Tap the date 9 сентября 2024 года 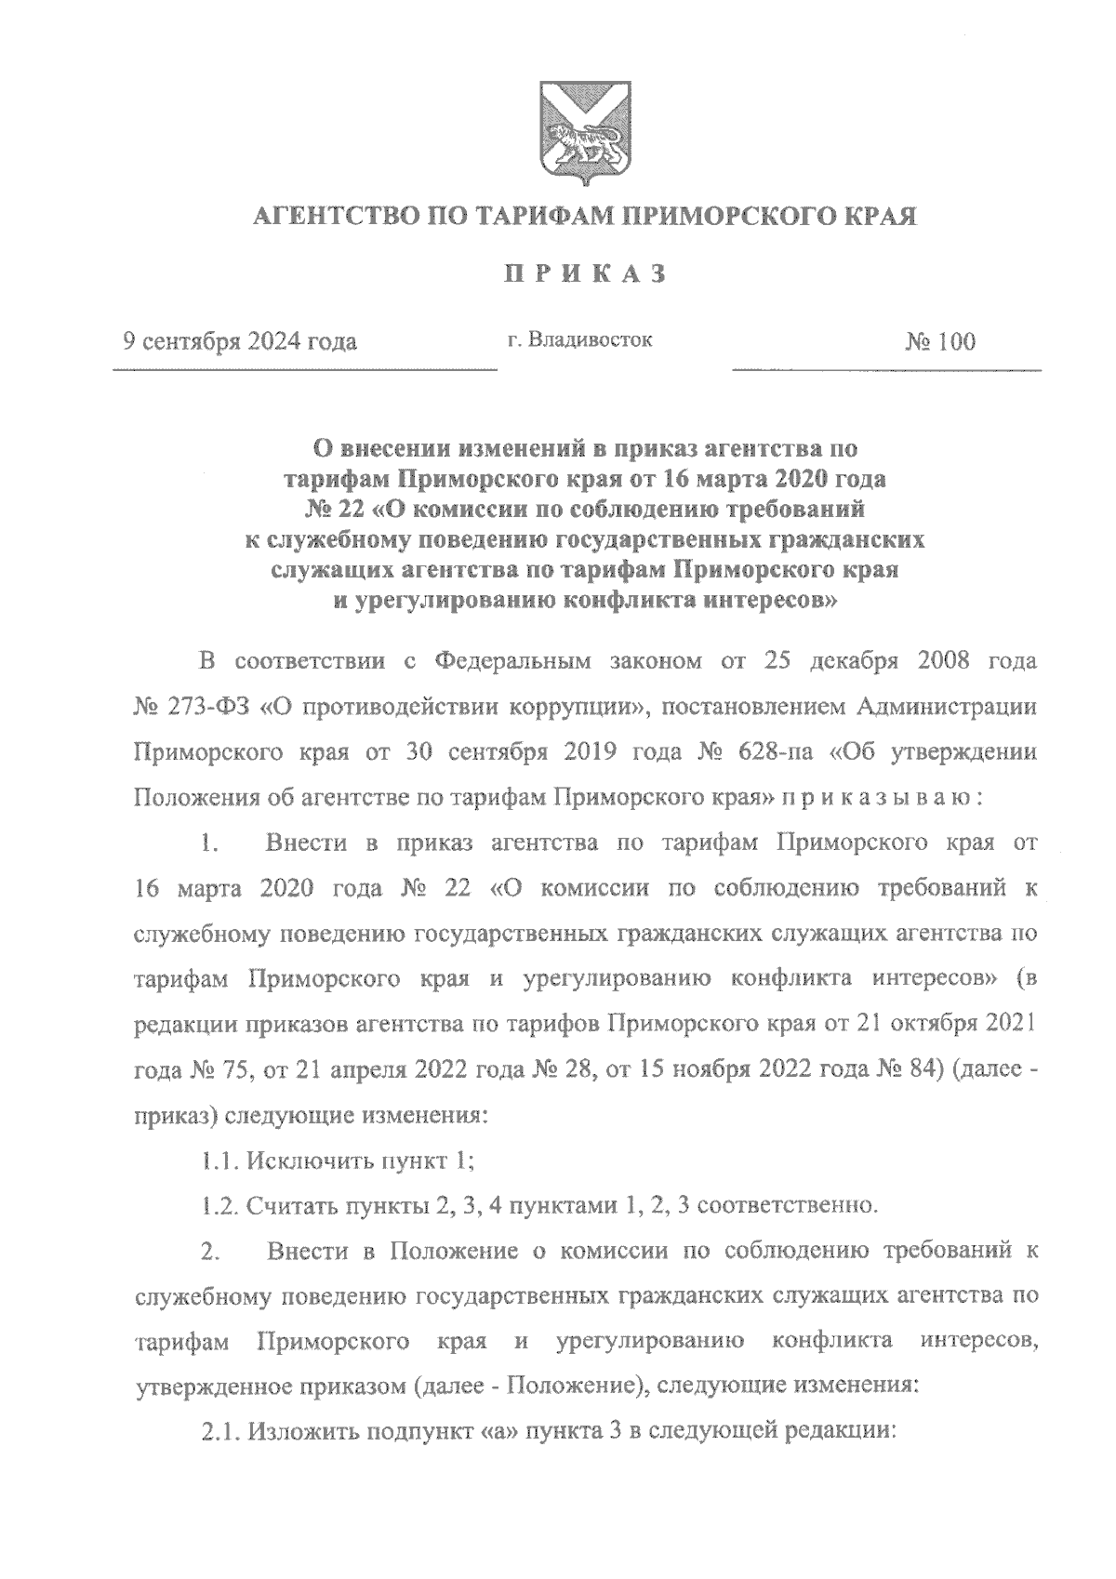[x=241, y=342]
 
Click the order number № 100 [x=939, y=342]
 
